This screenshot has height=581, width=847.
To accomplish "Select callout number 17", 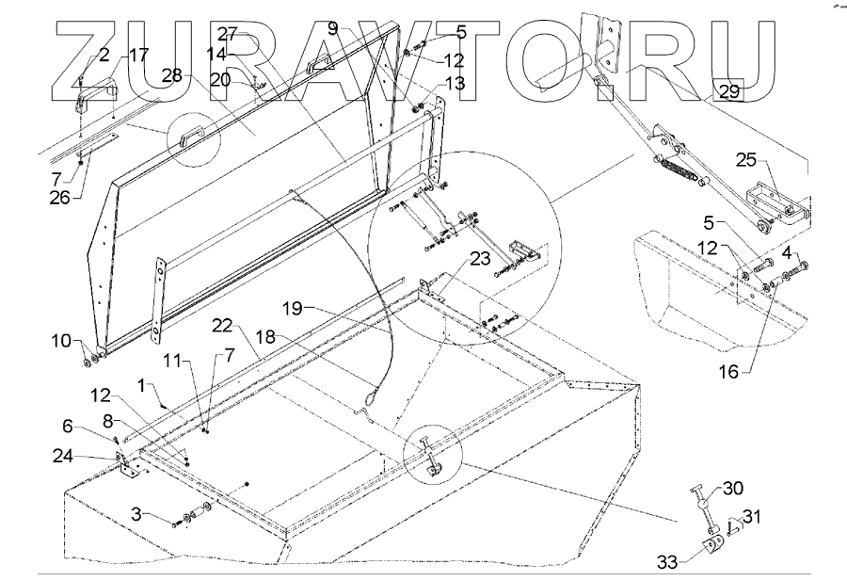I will pos(137,55).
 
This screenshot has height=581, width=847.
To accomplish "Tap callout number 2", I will pos(104,56).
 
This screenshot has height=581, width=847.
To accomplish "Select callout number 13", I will pos(455,84).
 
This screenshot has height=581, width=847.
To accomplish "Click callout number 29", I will pos(728,91).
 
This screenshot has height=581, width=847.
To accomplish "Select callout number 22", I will pos(222,324).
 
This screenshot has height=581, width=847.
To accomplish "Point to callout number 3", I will pos(137,514).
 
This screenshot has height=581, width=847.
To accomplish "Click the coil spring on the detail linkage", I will pos(678,169).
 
